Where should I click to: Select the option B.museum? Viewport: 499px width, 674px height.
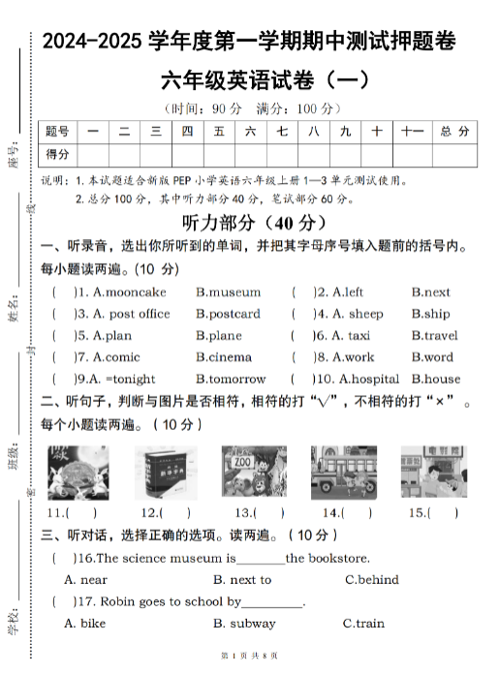tap(228, 291)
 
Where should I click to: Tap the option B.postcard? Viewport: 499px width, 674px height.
tap(228, 314)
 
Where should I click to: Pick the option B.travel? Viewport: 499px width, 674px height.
tap(434, 335)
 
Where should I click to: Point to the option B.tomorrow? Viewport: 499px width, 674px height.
tap(231, 379)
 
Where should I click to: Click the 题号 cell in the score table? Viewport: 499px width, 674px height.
tap(57, 131)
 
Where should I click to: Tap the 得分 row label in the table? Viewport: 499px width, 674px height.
tap(57, 154)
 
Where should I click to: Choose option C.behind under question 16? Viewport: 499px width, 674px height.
tap(371, 580)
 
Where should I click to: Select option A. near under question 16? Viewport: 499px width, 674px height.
tap(85, 580)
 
